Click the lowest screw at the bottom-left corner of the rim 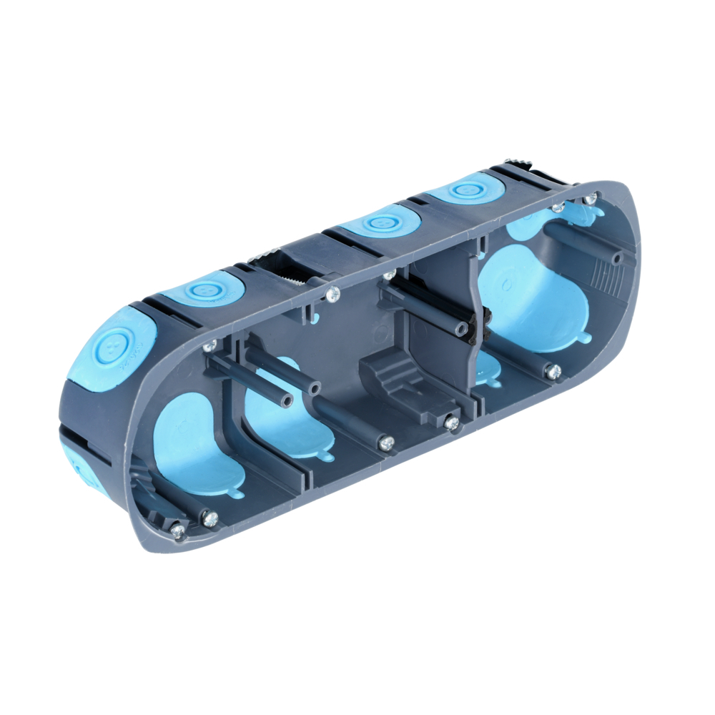pyautogui.click(x=177, y=531)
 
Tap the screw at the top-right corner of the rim pyautogui.click(x=590, y=198)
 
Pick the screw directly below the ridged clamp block pyautogui.click(x=452, y=423)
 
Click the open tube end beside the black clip pyautogui.click(x=463, y=329)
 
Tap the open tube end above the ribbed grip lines pyautogui.click(x=616, y=258)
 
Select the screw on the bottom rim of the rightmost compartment pyautogui.click(x=553, y=371)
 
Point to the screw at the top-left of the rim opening pyautogui.click(x=209, y=347)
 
